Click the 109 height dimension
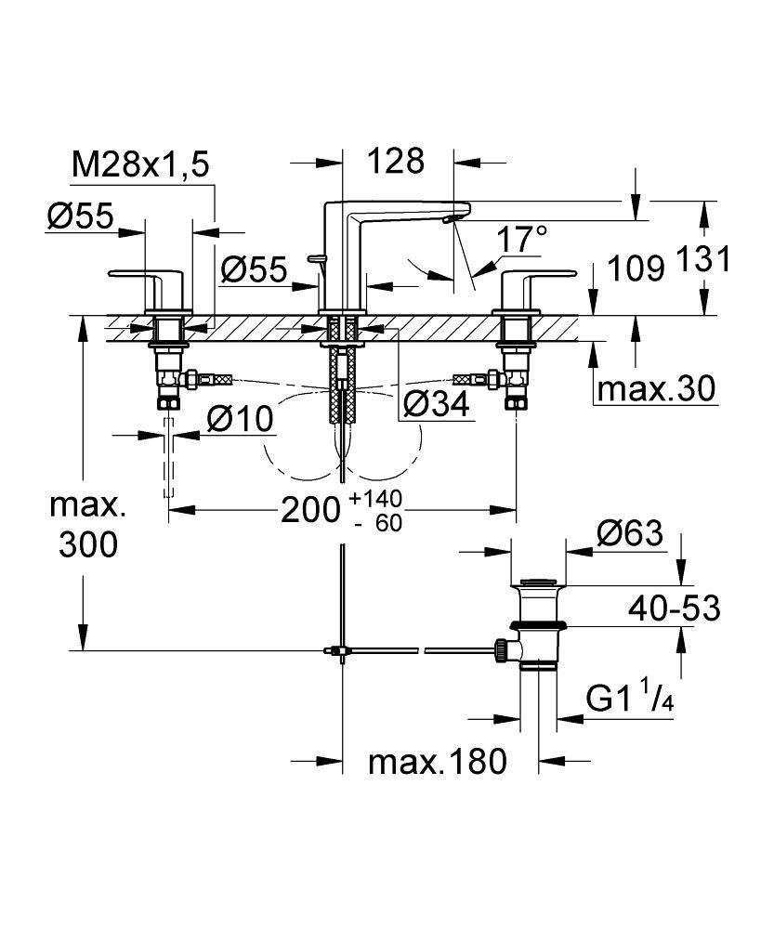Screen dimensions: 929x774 (x=636, y=268)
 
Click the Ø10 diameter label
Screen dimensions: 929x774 (x=241, y=419)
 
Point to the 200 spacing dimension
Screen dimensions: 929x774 (x=311, y=509)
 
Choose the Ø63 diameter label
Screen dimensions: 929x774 (x=629, y=534)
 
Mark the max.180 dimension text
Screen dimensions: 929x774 (x=438, y=763)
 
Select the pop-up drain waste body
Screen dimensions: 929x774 (x=537, y=627)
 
